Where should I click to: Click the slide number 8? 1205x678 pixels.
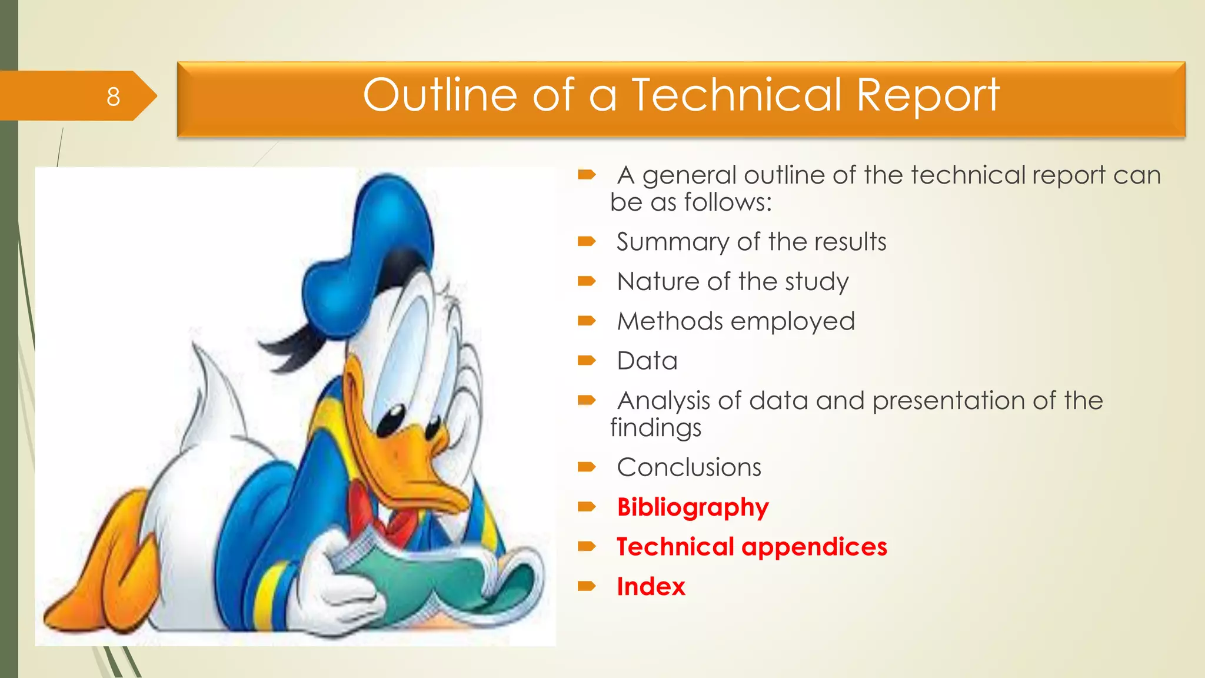coord(113,97)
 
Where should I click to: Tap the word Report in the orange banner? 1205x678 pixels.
coord(928,96)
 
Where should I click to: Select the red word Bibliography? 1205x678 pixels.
coord(693,507)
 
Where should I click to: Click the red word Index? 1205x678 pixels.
coord(651,587)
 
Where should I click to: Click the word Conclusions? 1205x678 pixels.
coord(689,467)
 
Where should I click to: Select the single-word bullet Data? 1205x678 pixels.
coord(647,361)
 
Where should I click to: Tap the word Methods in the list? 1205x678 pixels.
coord(670,321)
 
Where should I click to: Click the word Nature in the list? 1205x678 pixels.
coord(658,281)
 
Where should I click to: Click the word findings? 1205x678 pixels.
coord(655,428)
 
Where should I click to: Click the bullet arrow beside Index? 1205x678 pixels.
coord(587,586)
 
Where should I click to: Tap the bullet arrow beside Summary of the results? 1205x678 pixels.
coord(587,241)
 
